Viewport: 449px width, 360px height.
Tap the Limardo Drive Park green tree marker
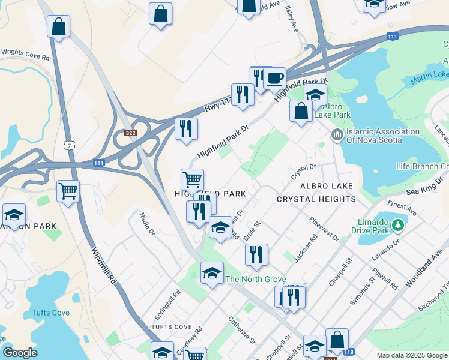(397, 226)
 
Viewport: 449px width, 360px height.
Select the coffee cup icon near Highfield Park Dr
(274, 78)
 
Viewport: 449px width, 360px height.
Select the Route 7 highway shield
(70, 145)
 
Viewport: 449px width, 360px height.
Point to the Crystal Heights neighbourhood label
(316, 199)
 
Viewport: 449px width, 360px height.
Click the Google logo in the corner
(19, 353)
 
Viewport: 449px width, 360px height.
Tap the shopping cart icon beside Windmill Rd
(68, 192)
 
